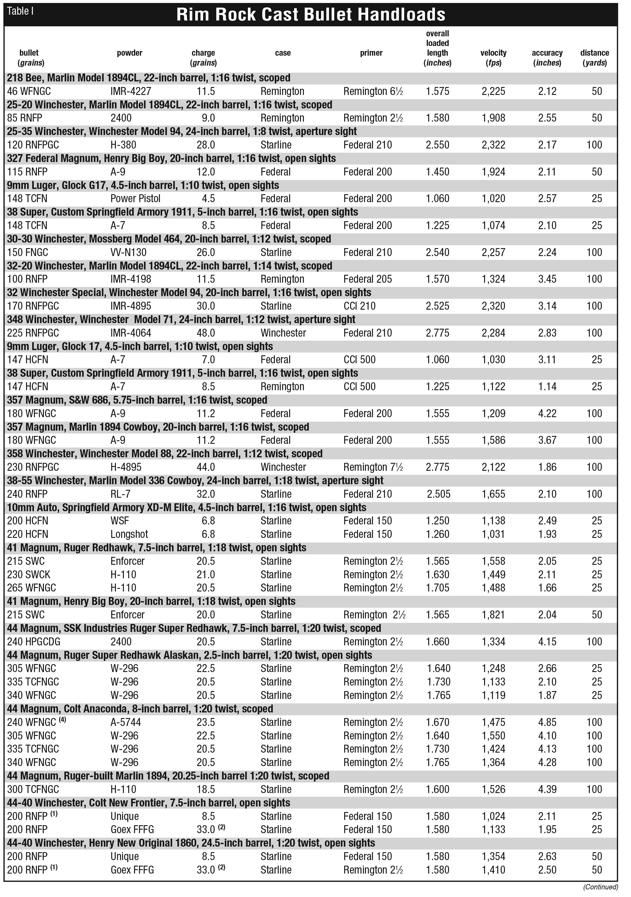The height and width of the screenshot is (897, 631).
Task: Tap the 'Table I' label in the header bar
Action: click(x=20, y=11)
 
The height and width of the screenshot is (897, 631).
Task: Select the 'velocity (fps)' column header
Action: click(x=493, y=57)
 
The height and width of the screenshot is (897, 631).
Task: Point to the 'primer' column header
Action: click(x=371, y=53)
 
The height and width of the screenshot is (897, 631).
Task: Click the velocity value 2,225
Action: click(x=493, y=91)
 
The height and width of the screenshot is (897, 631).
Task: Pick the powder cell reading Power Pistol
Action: click(x=136, y=198)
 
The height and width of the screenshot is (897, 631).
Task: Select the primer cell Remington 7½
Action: click(x=373, y=467)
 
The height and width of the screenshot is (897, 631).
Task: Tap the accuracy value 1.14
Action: click(x=547, y=386)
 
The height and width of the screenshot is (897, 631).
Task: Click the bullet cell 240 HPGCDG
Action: click(x=34, y=642)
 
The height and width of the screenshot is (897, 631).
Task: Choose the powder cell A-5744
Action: click(x=126, y=722)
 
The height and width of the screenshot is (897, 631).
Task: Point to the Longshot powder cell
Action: click(x=129, y=534)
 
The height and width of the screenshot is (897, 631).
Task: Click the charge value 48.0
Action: click(x=206, y=333)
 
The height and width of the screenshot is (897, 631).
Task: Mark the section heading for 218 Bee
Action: click(x=148, y=78)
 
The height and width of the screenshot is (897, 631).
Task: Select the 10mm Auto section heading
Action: click(x=186, y=507)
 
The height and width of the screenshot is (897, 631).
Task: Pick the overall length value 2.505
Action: click(x=438, y=494)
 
